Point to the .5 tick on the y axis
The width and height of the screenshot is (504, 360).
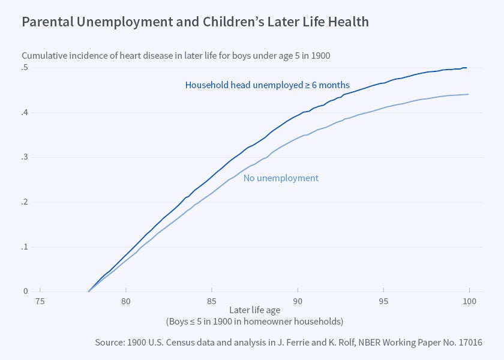[x=25, y=67]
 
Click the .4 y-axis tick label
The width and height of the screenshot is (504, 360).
[x=25, y=112]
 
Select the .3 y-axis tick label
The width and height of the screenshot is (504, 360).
[x=25, y=157]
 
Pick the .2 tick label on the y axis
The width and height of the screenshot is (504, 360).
[x=25, y=202]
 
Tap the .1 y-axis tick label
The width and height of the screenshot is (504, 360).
[x=25, y=247]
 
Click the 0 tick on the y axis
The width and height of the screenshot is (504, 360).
[x=25, y=292]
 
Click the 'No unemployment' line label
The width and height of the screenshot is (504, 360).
[x=281, y=178]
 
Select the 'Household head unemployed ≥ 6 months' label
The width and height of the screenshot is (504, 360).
[x=267, y=85]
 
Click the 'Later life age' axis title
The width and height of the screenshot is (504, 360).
[x=254, y=311]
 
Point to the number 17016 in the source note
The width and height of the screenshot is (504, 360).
[x=469, y=343]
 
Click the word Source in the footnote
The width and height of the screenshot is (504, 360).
[x=110, y=343]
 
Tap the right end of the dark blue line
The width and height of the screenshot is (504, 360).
[x=467, y=68]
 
